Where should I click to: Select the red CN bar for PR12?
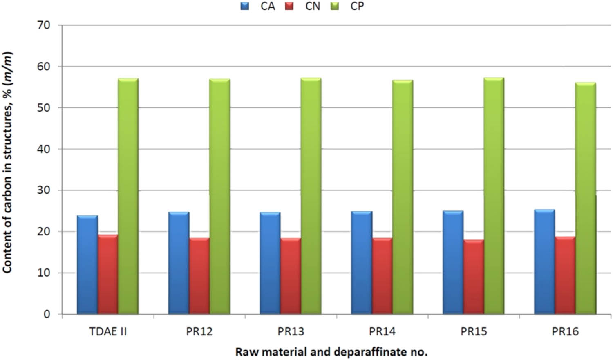tap(199, 276)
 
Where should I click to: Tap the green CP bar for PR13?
tap(311, 196)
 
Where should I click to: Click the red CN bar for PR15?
tap(473, 277)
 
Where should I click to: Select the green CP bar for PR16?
tap(585, 198)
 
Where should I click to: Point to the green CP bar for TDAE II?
tap(128, 196)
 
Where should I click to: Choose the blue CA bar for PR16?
tap(544, 262)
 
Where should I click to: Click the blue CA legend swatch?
tap(245, 6)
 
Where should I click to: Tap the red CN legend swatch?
tap(290, 6)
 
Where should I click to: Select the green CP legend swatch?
tap(335, 6)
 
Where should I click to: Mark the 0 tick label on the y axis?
tap(47, 314)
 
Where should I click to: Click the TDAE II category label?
tap(108, 331)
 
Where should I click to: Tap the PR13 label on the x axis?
tap(291, 331)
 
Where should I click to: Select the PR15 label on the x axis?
tap(474, 331)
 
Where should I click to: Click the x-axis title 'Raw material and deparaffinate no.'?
tap(331, 352)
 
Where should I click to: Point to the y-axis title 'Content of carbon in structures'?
tap(7, 163)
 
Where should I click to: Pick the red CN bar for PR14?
tap(382, 276)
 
